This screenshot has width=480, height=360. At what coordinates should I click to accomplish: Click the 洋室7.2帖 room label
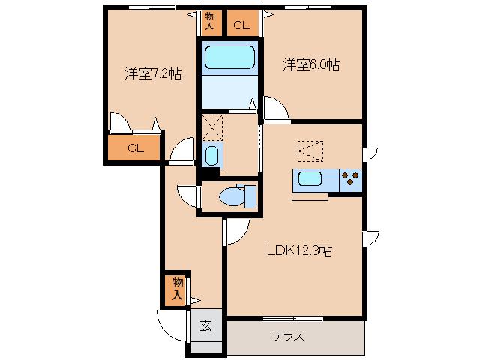click(x=152, y=73)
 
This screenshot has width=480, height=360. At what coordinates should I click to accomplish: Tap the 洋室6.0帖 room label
click(x=311, y=65)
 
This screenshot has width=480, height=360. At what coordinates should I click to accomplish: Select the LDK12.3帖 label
click(x=299, y=252)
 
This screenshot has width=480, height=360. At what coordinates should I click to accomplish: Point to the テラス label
click(x=288, y=336)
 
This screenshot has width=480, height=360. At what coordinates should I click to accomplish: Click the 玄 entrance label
click(x=205, y=326)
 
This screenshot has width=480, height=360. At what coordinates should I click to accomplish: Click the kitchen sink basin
click(x=309, y=180)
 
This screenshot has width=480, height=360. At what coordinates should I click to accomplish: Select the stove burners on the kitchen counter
click(x=349, y=180)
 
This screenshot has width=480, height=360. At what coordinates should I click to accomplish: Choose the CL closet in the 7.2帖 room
click(x=134, y=148)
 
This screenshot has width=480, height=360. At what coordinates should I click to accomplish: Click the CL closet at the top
click(x=240, y=25)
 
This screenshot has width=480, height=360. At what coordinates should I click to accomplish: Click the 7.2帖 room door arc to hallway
click(x=181, y=152)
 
